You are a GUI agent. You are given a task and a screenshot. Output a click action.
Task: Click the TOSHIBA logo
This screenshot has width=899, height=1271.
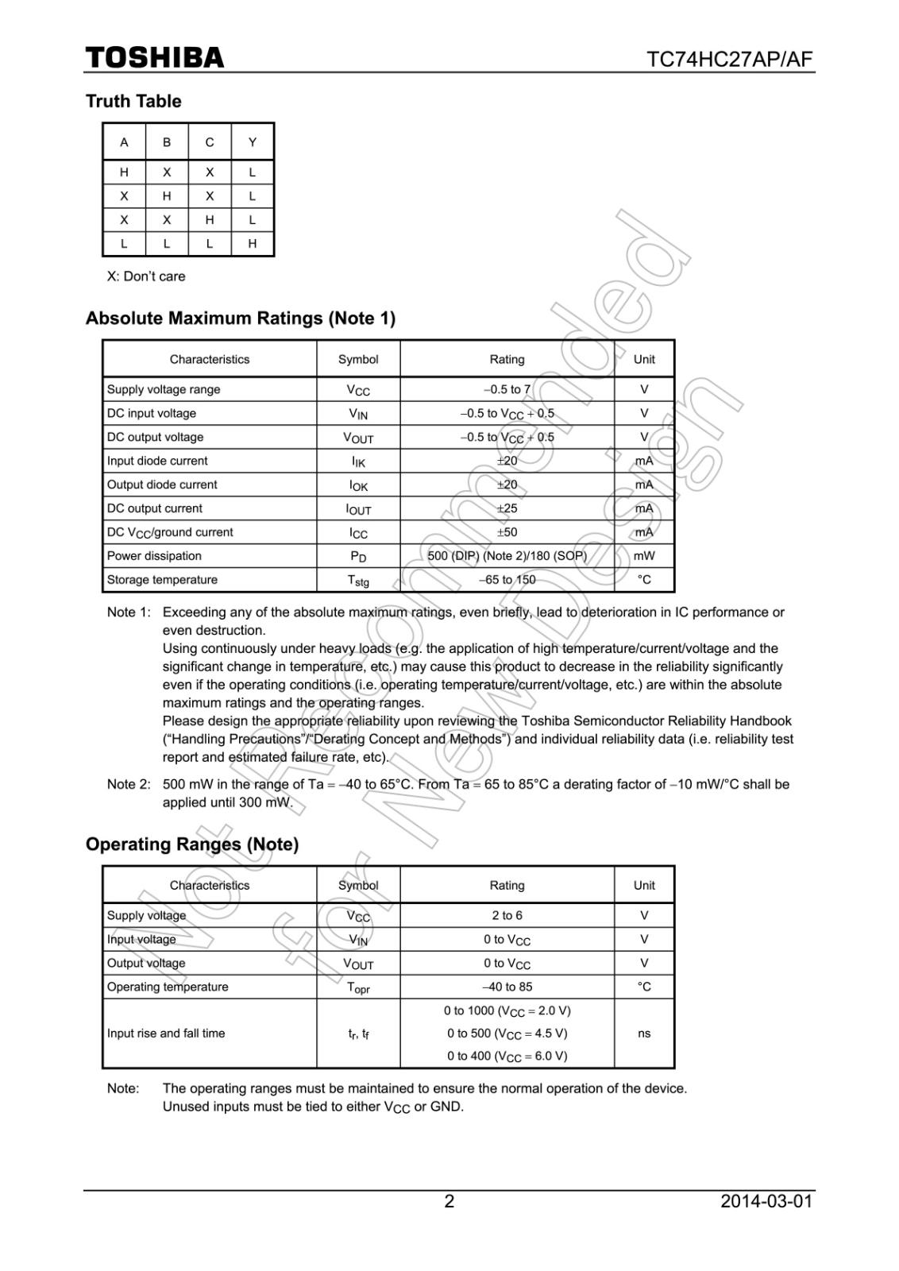tap(155, 58)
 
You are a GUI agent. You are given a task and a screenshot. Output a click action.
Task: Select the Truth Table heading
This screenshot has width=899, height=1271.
tap(133, 101)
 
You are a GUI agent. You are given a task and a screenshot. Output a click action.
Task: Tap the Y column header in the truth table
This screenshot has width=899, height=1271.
tap(253, 142)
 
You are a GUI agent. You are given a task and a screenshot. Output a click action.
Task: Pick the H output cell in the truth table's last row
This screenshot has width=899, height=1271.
tap(253, 244)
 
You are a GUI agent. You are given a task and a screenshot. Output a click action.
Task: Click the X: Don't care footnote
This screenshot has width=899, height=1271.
tap(146, 276)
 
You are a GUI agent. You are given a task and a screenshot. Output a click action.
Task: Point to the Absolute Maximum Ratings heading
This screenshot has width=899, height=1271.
tap(241, 319)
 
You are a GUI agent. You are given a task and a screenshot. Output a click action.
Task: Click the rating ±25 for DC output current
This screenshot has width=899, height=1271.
tap(507, 508)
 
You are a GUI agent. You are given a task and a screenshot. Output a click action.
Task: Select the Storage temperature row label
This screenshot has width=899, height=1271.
tap(162, 580)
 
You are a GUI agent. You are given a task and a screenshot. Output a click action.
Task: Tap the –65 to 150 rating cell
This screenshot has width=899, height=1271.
tap(507, 580)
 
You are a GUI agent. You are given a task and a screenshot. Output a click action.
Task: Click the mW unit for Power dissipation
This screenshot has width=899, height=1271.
tap(644, 556)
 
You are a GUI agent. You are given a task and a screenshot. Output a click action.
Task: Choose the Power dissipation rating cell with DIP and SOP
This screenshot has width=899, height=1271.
tap(507, 556)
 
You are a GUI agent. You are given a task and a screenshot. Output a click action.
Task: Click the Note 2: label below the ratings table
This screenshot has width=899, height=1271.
tap(128, 784)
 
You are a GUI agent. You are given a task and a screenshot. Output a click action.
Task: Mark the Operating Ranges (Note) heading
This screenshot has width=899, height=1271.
tap(192, 844)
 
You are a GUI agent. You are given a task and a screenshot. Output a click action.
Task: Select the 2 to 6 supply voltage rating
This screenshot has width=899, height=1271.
tap(507, 915)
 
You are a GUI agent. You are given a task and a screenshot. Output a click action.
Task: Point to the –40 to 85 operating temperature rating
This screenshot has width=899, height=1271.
tap(507, 987)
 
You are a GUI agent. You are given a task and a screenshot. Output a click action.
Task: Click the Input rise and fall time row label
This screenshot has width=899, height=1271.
tap(166, 1033)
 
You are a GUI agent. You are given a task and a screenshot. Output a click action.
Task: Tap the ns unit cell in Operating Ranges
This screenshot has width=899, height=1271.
tap(644, 1033)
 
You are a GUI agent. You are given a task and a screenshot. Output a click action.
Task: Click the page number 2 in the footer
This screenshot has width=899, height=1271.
tap(449, 1201)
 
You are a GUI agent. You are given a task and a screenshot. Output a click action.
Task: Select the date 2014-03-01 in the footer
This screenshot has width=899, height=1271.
tap(766, 1201)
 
